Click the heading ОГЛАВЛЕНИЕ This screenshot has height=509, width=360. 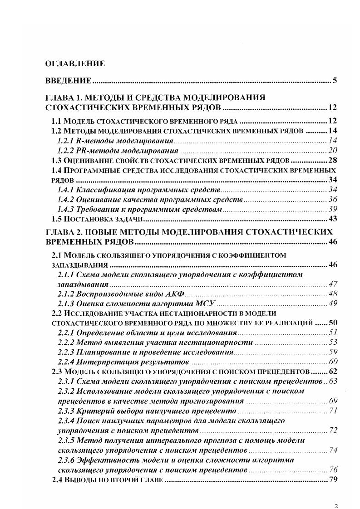(x=75, y=64)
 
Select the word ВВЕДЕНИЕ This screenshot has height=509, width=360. (x=69, y=81)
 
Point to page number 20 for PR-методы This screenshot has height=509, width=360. (x=332, y=151)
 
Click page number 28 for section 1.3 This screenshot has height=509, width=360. (x=332, y=161)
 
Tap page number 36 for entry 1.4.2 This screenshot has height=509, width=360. (x=332, y=199)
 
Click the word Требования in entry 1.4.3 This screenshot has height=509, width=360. (x=96, y=209)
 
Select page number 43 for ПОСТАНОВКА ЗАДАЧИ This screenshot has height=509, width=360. (x=332, y=219)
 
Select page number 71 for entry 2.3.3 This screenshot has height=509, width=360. (x=332, y=411)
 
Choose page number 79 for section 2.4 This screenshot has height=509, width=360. (x=332, y=480)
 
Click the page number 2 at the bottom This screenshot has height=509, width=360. (x=335, y=494)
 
